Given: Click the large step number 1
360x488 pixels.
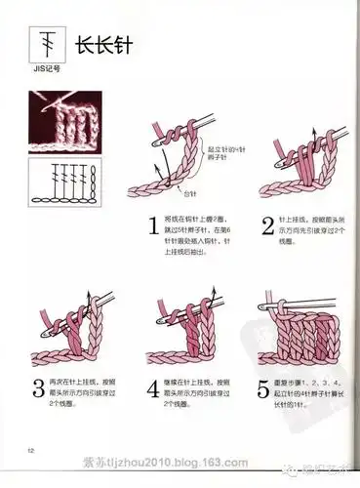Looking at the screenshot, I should click(153, 227).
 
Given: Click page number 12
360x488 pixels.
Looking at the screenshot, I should click(31, 449).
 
